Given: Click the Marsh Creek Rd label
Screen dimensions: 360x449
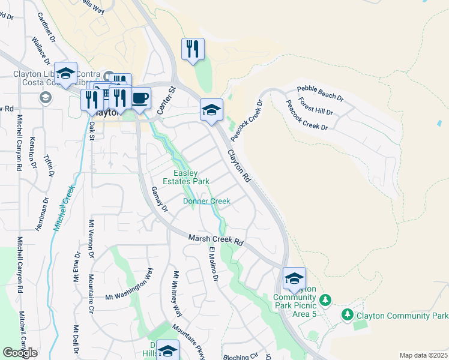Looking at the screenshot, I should (215, 239).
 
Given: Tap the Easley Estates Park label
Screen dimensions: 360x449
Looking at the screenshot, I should (187, 177).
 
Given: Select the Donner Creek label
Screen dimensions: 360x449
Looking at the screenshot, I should (206, 202).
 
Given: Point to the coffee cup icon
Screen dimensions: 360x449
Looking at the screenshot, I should (140, 98).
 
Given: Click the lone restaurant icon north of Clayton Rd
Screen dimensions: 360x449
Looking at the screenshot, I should (193, 49).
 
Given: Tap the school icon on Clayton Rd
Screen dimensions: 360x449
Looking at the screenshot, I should (211, 110).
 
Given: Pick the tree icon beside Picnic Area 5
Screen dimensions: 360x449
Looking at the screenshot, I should (325, 299).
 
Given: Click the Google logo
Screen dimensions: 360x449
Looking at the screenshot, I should (20, 353).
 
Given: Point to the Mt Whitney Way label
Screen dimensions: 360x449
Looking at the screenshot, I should (176, 294).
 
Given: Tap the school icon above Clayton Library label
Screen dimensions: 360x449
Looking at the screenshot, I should (66, 73).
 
